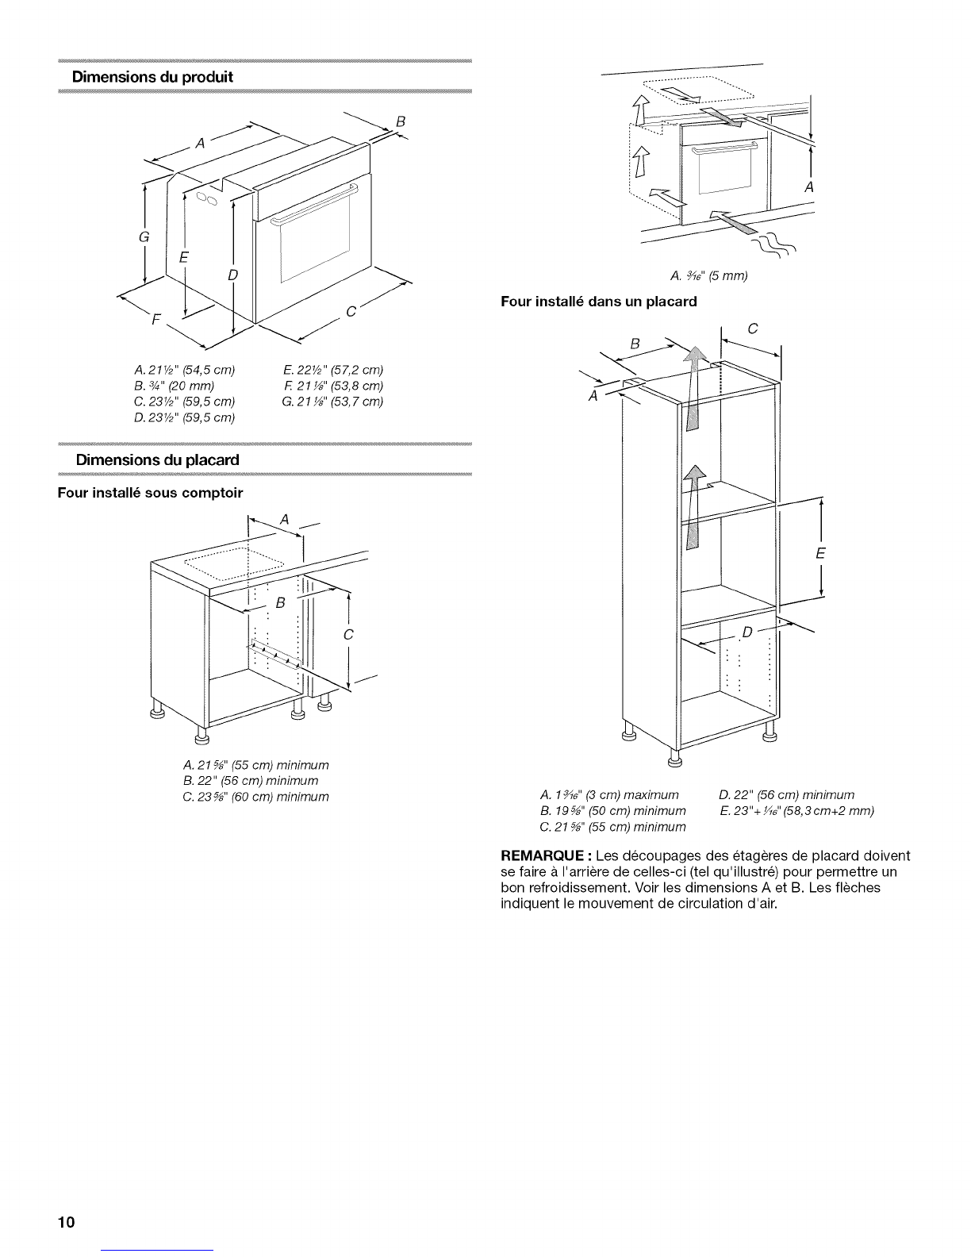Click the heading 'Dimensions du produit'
coord(152,77)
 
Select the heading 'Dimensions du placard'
coord(157,460)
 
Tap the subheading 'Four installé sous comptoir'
coord(150,493)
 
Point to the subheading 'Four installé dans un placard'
coord(599,302)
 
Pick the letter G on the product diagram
coord(144,236)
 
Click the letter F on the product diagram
coord(155,319)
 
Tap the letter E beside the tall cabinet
coord(820,554)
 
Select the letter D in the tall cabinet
coord(747,632)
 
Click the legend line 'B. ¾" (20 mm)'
coord(174,386)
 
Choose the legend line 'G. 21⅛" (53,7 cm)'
coord(332,402)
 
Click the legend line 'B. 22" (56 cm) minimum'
coord(251,781)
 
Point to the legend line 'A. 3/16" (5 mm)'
coord(709,276)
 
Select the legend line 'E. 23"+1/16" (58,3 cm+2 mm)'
coord(797,811)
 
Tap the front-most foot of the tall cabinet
coord(674,759)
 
